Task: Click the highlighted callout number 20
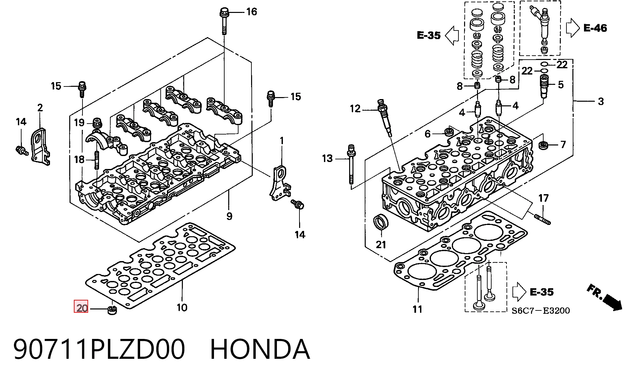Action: (x=81, y=307)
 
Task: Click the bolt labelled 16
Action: (x=224, y=21)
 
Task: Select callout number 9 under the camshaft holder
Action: (x=229, y=216)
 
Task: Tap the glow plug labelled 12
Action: (x=385, y=118)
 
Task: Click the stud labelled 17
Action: (x=542, y=219)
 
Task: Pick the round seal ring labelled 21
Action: (x=381, y=222)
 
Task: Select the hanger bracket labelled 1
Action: (x=280, y=184)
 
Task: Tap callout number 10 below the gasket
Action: (x=182, y=308)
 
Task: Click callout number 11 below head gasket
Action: (x=417, y=309)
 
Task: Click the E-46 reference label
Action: (x=595, y=28)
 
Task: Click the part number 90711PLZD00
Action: (x=99, y=349)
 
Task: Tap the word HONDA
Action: (x=260, y=349)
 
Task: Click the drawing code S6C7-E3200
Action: (x=541, y=310)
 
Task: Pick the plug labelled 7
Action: (x=543, y=145)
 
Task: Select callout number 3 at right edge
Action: (x=601, y=101)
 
